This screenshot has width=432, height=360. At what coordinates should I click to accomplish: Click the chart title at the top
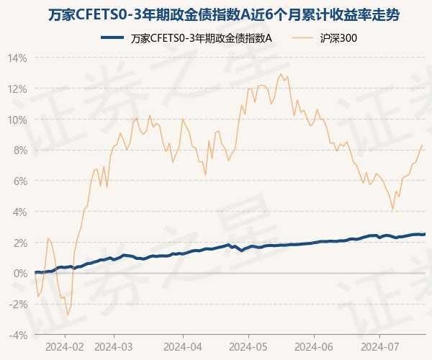coord(216,14)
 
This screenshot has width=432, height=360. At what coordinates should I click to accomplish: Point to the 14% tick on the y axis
coord(17,58)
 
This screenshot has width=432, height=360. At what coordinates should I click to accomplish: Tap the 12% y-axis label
coord(17,89)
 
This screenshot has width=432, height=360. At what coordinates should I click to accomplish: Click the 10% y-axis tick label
coord(17,120)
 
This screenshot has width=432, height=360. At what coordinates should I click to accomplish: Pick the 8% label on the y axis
coord(19,150)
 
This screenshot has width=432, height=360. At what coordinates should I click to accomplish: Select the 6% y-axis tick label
coord(19,181)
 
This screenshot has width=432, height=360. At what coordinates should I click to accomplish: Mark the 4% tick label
coord(19,212)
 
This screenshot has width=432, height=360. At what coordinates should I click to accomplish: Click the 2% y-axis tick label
coord(19,243)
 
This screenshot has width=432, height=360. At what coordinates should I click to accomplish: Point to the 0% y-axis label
coord(19,274)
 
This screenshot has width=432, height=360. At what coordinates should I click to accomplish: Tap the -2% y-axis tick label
coord(18,304)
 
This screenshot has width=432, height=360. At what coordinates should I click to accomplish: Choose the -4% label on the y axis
coord(18,335)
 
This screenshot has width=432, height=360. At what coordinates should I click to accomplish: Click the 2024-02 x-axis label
coord(65,346)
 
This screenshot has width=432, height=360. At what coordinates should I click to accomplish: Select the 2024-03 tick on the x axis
coord(114,346)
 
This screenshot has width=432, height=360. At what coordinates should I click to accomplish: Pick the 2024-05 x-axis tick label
coord(248,346)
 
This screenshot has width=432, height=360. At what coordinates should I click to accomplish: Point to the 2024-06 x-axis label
coord(315,346)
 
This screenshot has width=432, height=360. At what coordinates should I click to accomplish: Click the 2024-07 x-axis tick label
coord(379,346)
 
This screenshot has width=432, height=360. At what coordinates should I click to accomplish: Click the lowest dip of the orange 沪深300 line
coord(68,315)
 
